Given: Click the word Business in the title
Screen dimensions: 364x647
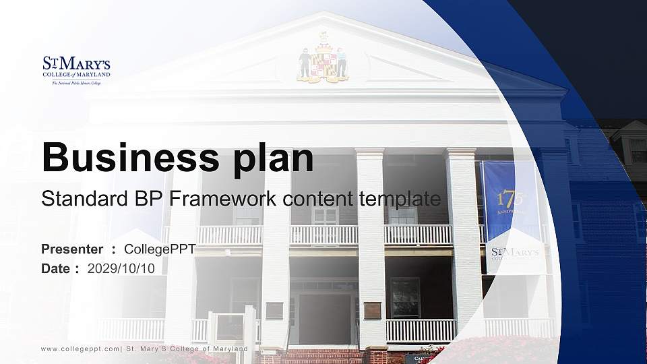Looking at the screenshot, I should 124,158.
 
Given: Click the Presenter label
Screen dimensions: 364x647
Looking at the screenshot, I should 72,249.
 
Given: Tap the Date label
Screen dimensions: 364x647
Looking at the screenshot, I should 56,268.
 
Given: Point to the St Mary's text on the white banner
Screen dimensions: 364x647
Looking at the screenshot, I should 516,253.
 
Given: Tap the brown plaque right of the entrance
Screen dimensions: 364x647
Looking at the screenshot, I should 372,310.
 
